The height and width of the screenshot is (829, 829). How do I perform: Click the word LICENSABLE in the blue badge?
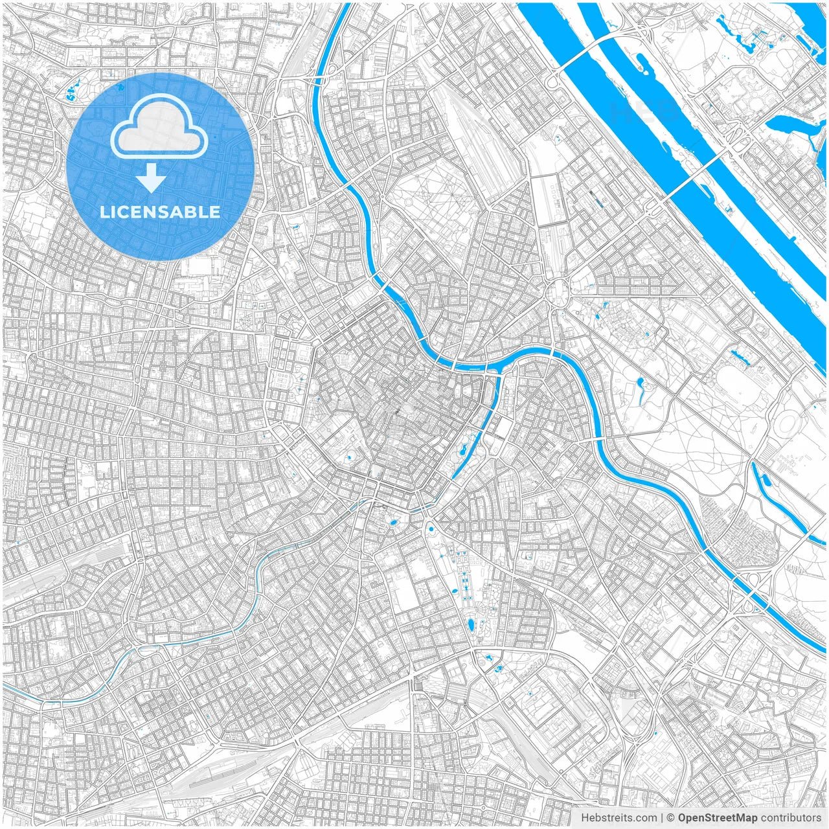pos(159,212)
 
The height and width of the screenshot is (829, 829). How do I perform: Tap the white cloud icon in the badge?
pos(159,128)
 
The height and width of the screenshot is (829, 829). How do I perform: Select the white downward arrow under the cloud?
pos(151,178)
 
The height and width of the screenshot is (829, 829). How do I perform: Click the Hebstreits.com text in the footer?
pos(619,818)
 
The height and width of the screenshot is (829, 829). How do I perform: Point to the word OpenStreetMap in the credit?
pos(717,818)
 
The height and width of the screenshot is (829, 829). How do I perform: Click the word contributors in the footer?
pos(791,818)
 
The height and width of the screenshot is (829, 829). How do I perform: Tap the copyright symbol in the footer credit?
pos(670,818)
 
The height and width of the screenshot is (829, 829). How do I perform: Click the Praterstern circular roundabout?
pos(556,292)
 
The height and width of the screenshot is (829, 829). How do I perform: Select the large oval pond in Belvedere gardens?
pos(471,624)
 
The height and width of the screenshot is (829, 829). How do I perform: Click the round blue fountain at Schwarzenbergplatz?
pos(431,530)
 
